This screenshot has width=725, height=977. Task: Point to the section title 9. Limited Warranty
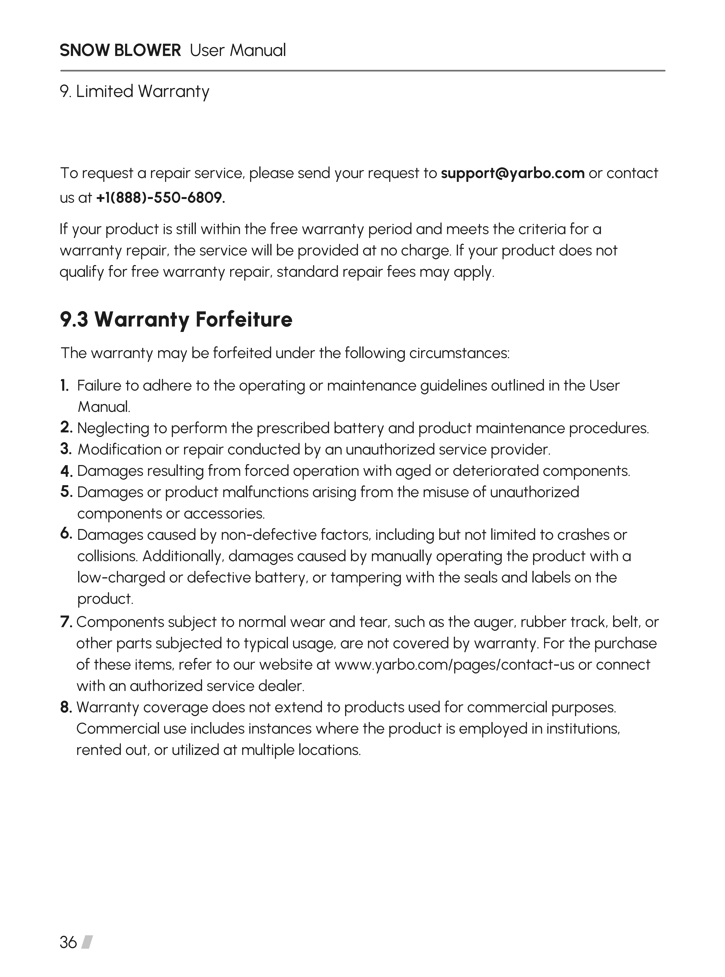134,92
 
